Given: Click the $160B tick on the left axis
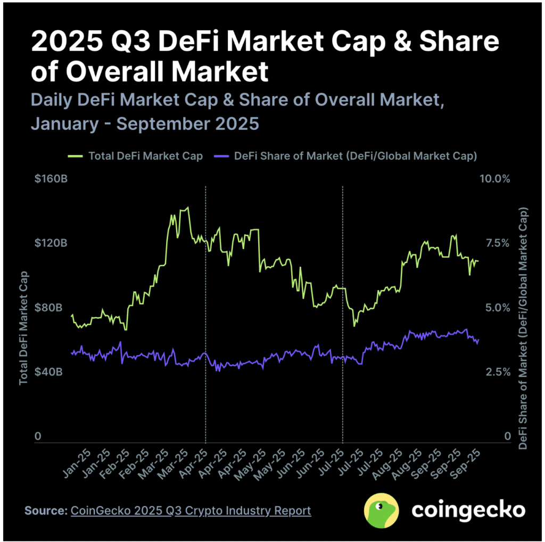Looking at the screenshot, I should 51,179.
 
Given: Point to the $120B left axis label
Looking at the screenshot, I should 51,243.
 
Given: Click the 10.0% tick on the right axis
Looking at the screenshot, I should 495,179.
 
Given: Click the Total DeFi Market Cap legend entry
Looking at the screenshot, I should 135,156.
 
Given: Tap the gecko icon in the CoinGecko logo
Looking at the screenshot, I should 381,510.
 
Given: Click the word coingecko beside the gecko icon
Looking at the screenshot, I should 468,510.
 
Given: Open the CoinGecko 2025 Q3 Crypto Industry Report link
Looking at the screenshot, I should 191,511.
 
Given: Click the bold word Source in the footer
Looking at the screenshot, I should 45,511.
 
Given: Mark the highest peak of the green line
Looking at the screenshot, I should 187,208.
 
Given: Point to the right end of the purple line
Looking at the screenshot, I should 479,340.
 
